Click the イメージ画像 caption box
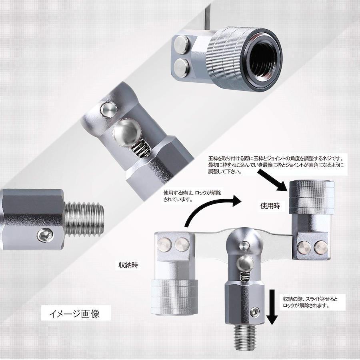76,313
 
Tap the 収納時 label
128,265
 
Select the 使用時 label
270,206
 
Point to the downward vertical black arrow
272,307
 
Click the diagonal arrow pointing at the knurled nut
272,180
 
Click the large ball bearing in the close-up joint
127,132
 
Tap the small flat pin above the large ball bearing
109,110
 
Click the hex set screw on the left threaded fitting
45,235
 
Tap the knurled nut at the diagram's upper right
312,197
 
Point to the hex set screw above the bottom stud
255,312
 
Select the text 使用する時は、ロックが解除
192,193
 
